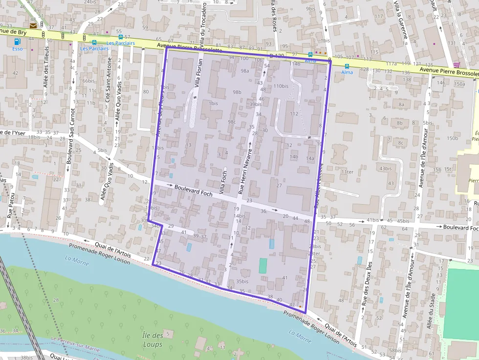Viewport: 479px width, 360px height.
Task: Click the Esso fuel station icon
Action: click(x=18, y=42)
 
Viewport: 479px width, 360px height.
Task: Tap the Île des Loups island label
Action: click(x=153, y=339)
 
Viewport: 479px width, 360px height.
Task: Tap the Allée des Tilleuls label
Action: click(x=46, y=67)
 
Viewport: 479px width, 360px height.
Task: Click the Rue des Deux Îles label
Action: click(x=365, y=285)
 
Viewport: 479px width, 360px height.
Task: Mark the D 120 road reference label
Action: click(x=277, y=56)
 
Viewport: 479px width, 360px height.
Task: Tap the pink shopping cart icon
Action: click(x=457, y=64)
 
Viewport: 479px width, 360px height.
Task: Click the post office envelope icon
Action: click(x=33, y=25)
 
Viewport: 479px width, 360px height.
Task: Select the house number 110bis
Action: click(x=281, y=86)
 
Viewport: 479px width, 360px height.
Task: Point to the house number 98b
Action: click(x=237, y=92)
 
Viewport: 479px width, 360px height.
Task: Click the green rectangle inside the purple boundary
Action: click(x=263, y=266)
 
